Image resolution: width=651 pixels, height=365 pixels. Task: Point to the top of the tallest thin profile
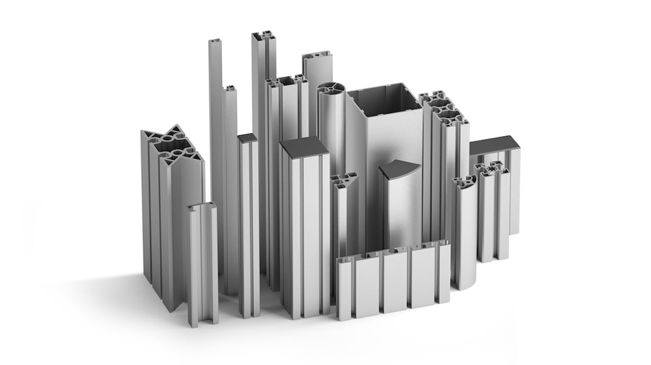tap(216, 43)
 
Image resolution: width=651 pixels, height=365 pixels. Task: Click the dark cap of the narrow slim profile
tap(247, 138)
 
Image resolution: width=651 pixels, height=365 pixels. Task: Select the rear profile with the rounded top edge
tap(318, 65)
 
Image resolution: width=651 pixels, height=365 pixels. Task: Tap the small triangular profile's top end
tap(344, 179)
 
